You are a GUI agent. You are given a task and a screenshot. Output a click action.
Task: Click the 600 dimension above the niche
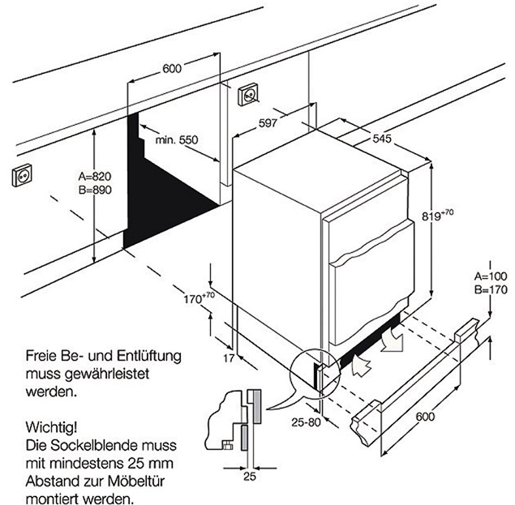click(172, 69)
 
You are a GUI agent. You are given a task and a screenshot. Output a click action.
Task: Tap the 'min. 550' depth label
click(177, 140)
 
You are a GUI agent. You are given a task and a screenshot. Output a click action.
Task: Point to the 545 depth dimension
click(383, 139)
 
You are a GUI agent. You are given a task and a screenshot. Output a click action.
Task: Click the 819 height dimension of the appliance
click(438, 216)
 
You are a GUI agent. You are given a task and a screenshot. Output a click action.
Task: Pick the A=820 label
click(94, 176)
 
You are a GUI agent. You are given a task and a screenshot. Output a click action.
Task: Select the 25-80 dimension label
click(307, 422)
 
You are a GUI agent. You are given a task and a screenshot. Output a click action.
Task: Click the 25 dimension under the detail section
click(249, 477)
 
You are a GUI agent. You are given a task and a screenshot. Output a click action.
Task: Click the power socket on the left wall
click(21, 176)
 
